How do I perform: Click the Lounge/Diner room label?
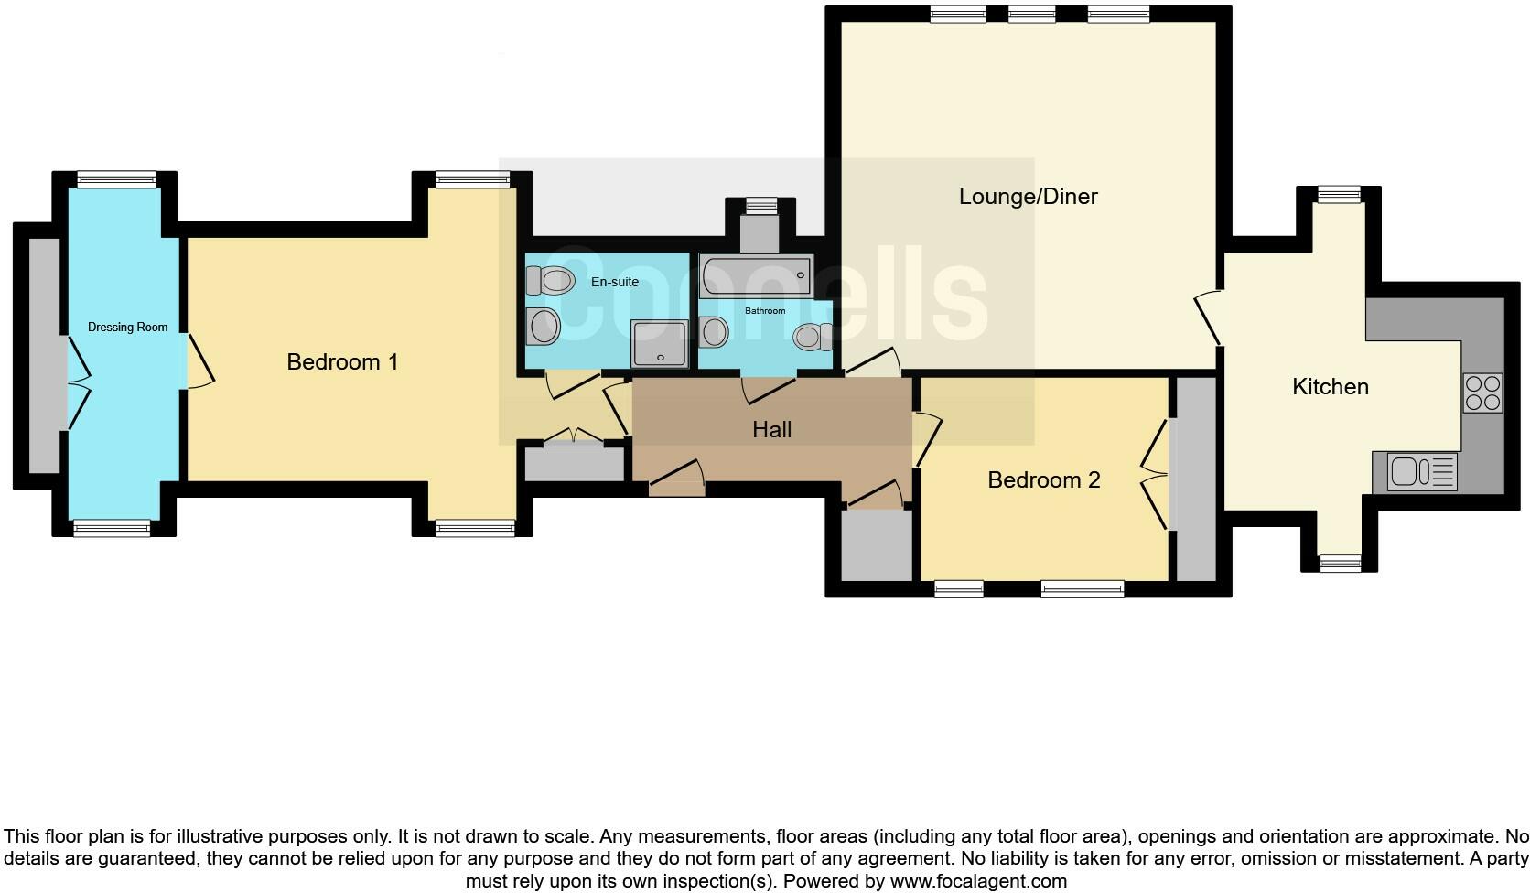(1028, 196)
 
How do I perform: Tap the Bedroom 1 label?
(342, 361)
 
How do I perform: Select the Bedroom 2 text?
(1043, 479)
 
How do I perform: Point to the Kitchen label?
(1330, 386)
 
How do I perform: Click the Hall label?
(771, 429)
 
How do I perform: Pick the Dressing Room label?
(127, 327)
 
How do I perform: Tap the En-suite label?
(614, 282)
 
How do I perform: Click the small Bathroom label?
(764, 311)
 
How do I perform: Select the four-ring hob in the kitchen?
(1482, 393)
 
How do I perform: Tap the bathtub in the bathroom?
(755, 275)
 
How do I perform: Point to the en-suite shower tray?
(659, 344)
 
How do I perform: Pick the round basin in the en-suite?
(544, 326)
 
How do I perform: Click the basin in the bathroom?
(714, 331)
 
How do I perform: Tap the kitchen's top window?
(1339, 193)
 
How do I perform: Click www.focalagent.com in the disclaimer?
(977, 882)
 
